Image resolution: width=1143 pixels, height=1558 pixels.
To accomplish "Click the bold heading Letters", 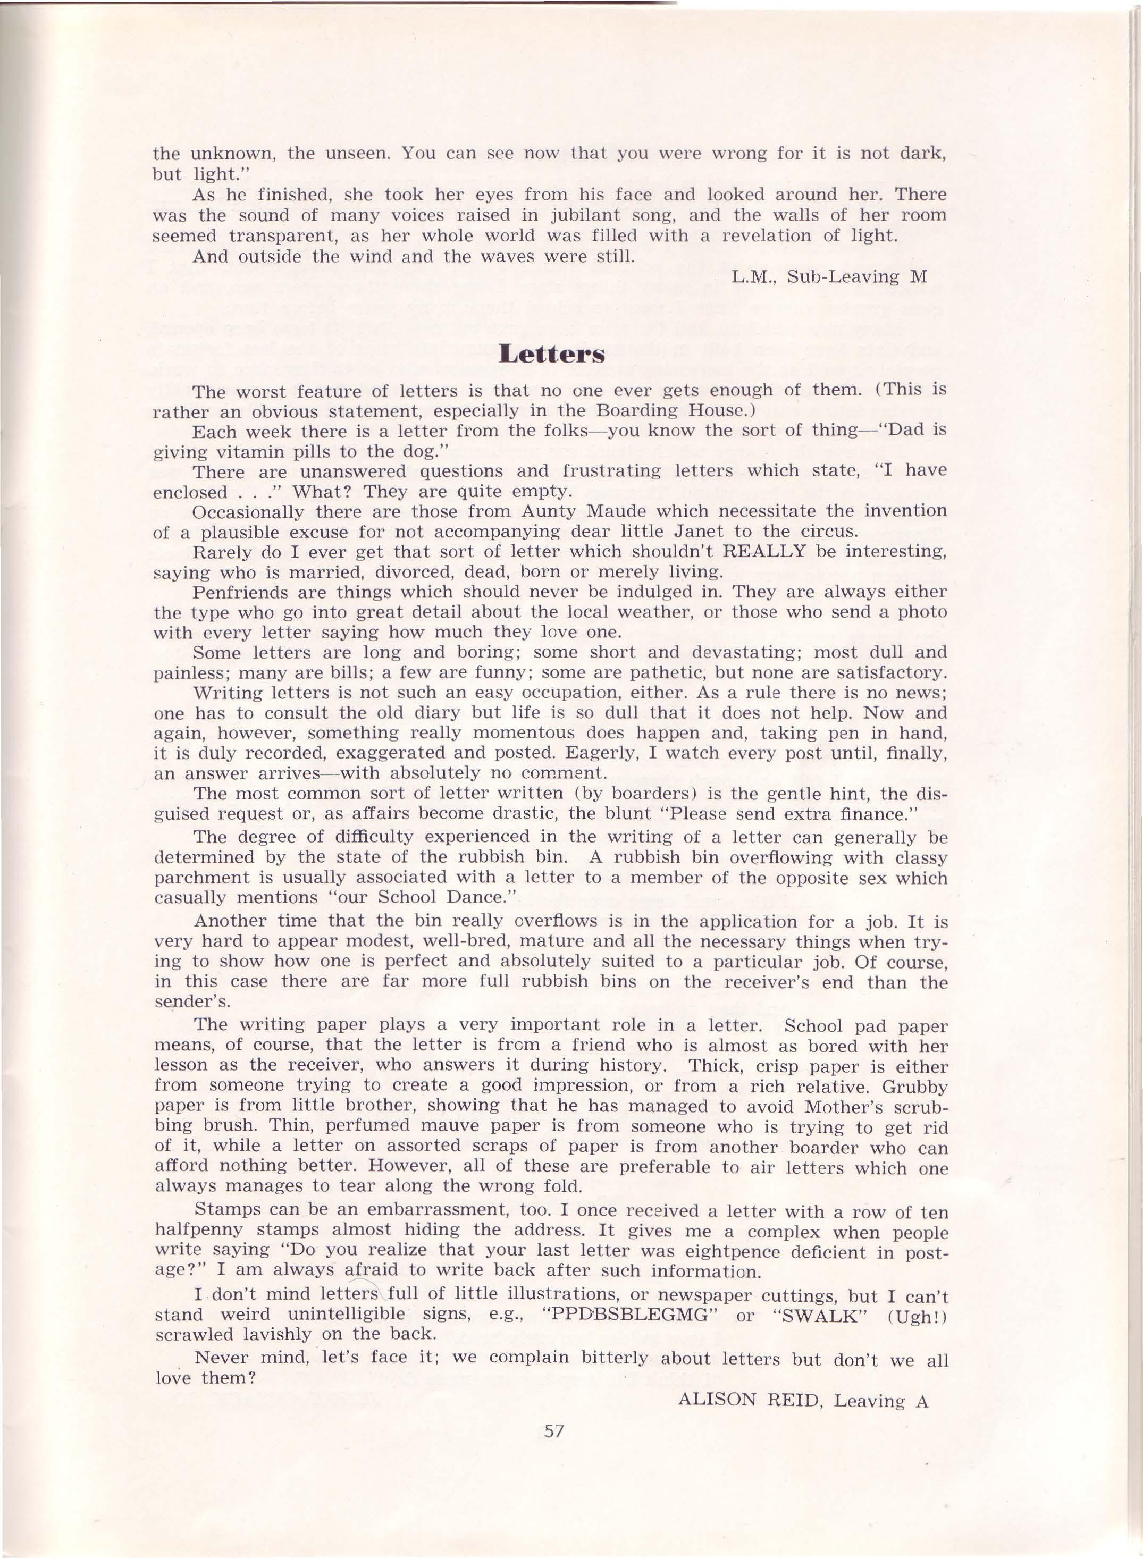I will (x=551, y=354).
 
